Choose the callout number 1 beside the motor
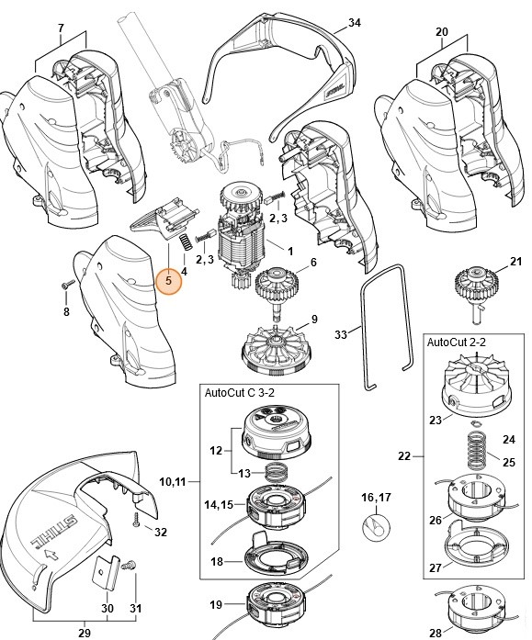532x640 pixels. coord(290,251)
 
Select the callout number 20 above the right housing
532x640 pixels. coord(441,31)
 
